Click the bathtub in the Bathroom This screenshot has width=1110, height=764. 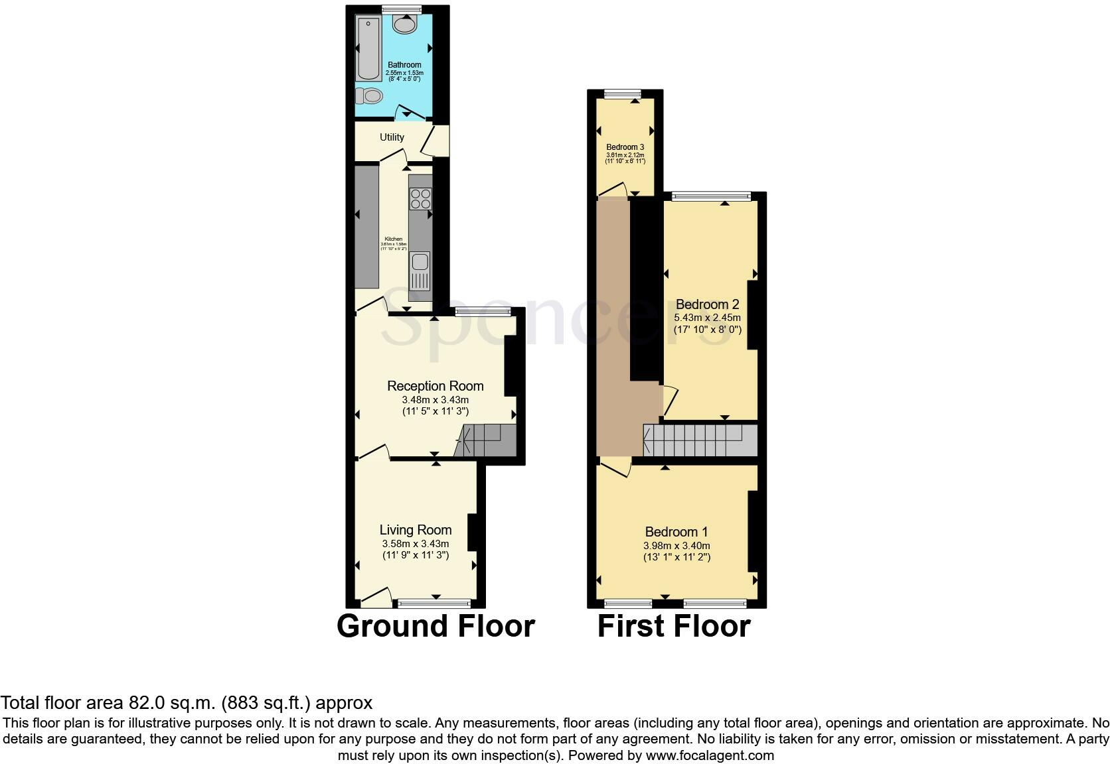pyautogui.click(x=367, y=48)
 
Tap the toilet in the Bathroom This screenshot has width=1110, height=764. pyautogui.click(x=369, y=97)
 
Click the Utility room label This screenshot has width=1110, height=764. pyautogui.click(x=392, y=137)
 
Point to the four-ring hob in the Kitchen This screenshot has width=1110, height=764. pyautogui.click(x=421, y=198)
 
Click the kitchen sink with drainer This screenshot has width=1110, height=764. pyautogui.click(x=420, y=271)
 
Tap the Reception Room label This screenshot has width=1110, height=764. pyautogui.click(x=435, y=386)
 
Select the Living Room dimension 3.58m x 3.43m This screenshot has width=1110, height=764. pyautogui.click(x=416, y=544)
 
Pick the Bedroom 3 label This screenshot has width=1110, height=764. pyautogui.click(x=625, y=147)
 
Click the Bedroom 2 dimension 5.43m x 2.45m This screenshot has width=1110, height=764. pyautogui.click(x=707, y=318)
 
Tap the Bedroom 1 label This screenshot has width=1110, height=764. pyautogui.click(x=676, y=532)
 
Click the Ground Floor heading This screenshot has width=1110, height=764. pyautogui.click(x=436, y=626)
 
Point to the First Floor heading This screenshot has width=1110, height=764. pyautogui.click(x=674, y=626)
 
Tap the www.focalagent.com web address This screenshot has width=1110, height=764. pyautogui.click(x=710, y=755)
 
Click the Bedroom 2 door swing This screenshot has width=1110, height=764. pyautogui.click(x=669, y=401)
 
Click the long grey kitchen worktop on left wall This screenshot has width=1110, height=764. pyautogui.click(x=366, y=227)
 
